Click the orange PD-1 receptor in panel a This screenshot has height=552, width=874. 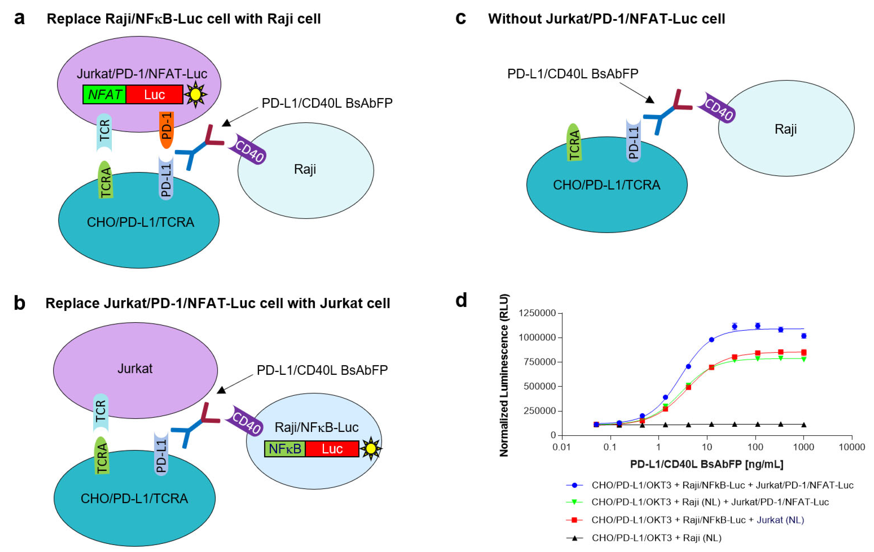pyautogui.click(x=167, y=130)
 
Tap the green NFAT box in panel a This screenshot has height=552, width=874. pyautogui.click(x=104, y=95)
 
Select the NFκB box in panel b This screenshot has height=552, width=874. pyautogui.click(x=285, y=449)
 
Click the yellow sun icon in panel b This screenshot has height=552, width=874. pyautogui.click(x=371, y=449)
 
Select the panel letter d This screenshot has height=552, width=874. pyautogui.click(x=461, y=301)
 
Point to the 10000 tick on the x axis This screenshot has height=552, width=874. pyautogui.click(x=852, y=447)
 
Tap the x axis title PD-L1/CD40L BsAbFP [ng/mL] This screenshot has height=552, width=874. pyautogui.click(x=706, y=464)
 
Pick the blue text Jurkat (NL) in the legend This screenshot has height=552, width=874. pyautogui.click(x=780, y=520)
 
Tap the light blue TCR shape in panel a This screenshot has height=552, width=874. pyautogui.click(x=104, y=132)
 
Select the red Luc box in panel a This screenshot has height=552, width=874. pyautogui.click(x=154, y=95)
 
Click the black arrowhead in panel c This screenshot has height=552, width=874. pyautogui.click(x=649, y=99)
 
